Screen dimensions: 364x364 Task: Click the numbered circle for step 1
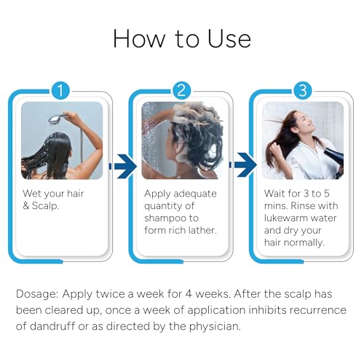[60, 90]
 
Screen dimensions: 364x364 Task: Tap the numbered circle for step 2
[181, 90]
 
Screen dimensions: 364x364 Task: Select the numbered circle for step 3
[303, 90]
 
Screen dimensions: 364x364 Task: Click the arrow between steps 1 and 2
[123, 166]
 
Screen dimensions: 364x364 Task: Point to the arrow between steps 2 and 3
[243, 165]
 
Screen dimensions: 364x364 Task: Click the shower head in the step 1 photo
[57, 119]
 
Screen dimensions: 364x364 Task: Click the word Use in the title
[229, 39]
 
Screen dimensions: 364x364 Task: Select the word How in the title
[139, 39]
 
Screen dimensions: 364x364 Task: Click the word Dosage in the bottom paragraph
[37, 294]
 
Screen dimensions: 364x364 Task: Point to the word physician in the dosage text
[215, 327]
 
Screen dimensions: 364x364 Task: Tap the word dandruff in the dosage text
[52, 326]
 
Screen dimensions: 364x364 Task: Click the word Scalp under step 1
[46, 206]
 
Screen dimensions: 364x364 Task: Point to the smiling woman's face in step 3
[306, 124]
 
